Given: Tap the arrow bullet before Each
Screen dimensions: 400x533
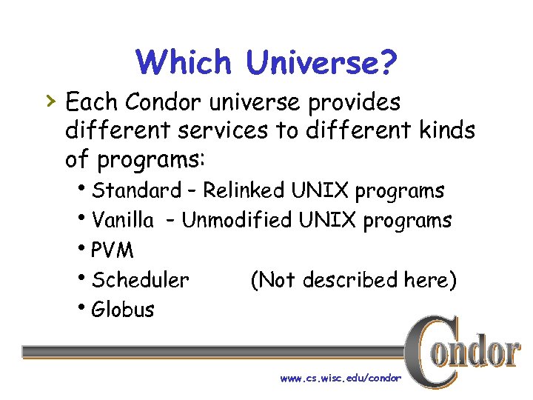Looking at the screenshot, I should (x=51, y=100).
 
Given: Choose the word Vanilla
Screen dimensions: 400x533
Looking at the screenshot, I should (x=123, y=221).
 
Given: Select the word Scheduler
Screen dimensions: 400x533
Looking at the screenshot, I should (x=141, y=280).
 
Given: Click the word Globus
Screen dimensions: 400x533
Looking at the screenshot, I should (x=123, y=310).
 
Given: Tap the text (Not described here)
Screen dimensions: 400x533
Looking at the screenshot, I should (x=353, y=280).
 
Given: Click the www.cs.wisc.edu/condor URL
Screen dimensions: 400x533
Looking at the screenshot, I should (x=341, y=378).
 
